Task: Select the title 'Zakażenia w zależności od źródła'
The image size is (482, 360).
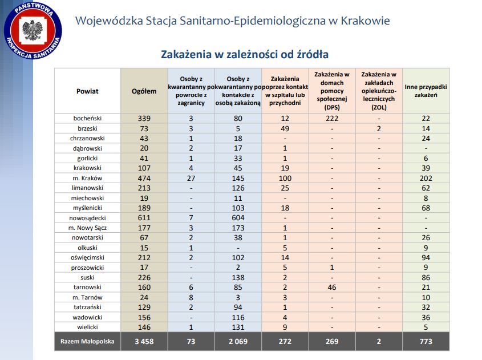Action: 245,55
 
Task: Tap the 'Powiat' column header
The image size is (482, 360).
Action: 87,91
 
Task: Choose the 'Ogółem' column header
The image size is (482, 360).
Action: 144,91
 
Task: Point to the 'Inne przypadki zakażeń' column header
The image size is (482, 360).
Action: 426,91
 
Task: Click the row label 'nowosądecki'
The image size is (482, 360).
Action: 87,217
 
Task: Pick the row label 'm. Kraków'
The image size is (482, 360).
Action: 87,177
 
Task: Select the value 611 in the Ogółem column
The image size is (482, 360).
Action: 144,217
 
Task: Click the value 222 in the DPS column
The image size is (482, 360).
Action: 331,118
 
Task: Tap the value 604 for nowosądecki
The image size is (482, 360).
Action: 238,217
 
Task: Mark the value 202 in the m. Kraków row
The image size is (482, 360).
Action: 426,177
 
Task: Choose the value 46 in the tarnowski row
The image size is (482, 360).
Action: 331,287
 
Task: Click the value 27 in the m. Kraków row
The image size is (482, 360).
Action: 191,177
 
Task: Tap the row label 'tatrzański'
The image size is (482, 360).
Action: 87,307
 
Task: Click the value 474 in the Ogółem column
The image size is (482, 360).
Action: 144,177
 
